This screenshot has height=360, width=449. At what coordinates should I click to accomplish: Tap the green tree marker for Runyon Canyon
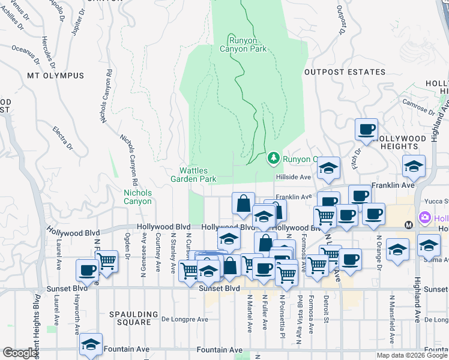(x=273, y=158)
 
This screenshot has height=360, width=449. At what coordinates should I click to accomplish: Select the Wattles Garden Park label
(x=193, y=175)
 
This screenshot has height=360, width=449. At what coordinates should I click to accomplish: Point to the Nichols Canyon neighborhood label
(x=137, y=197)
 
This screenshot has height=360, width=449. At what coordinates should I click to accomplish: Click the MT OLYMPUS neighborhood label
(x=55, y=76)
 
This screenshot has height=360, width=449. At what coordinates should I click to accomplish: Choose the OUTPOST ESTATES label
(x=345, y=72)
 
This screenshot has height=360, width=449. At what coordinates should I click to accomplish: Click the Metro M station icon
(x=409, y=225)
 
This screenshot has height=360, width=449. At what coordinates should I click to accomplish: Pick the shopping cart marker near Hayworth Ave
(x=106, y=260)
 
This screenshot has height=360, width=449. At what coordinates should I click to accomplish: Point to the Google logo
(x=20, y=353)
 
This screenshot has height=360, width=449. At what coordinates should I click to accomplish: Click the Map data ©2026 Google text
(x=412, y=355)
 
